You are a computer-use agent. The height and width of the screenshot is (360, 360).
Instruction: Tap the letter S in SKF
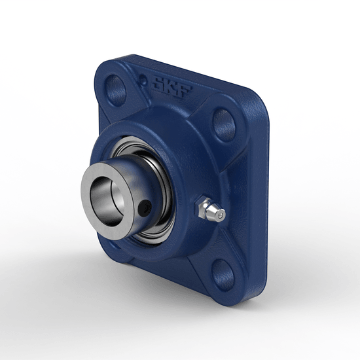[x=159, y=84]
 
